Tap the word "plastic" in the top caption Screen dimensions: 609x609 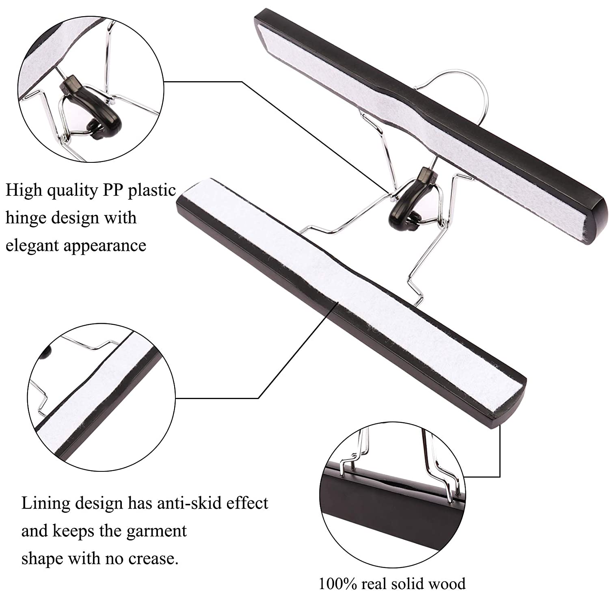pos(152,190)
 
